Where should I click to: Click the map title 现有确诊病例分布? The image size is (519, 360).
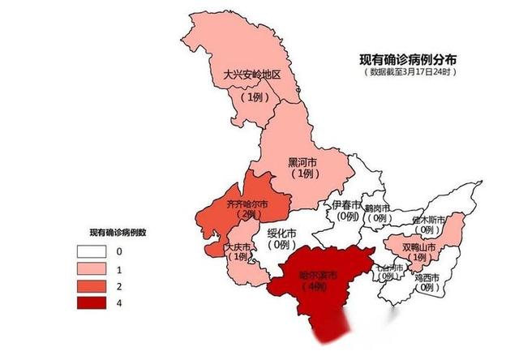pos(408,59)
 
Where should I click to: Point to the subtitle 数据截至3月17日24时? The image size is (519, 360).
pos(408,71)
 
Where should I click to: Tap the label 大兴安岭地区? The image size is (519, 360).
pos(251,75)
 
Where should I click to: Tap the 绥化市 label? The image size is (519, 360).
pos(282,233)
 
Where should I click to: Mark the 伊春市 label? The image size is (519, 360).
pos(347,204)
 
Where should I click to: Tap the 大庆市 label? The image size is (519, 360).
pos(239,246)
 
